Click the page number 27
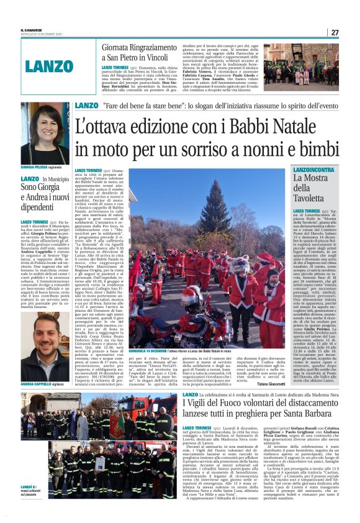334,32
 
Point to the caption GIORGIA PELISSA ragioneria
41,168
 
